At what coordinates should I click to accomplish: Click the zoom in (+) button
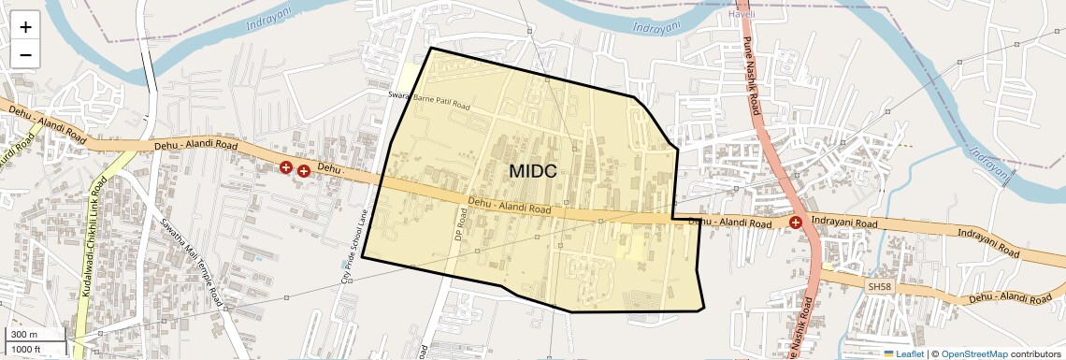pos(25,26)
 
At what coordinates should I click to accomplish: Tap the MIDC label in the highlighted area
pos(534,171)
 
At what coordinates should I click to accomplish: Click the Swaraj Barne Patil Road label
pos(430,101)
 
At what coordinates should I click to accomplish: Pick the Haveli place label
pos(742,15)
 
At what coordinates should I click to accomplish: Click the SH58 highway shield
pos(880,285)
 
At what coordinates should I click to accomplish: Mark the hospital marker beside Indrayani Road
pos(795,223)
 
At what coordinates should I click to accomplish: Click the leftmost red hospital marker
pos(286,167)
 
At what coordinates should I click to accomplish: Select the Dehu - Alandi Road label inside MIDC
pos(509,205)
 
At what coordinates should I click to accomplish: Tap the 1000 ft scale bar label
pos(28,349)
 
